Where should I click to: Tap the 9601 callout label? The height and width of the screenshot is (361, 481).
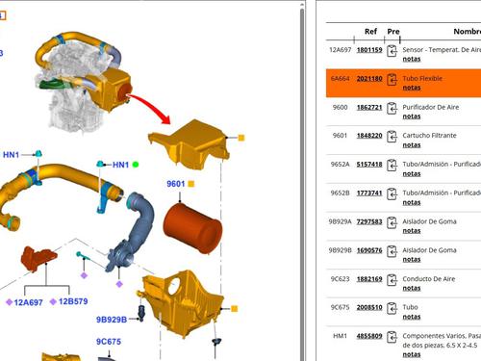coord(175,184)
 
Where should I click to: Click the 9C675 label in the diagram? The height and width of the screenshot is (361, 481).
coord(109,341)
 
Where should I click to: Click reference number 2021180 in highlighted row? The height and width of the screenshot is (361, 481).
coord(369,79)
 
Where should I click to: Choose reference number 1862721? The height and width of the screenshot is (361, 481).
coord(369,107)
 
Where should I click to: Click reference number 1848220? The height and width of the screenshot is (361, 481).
coord(369,136)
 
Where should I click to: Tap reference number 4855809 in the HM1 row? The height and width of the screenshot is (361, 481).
coord(369,336)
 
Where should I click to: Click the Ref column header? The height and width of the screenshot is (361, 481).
coord(370,31)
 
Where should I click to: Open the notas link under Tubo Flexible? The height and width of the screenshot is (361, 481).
coord(411,89)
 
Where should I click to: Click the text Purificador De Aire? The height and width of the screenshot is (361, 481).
coord(435,107)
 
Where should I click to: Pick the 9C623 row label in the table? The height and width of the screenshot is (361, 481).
coord(340,279)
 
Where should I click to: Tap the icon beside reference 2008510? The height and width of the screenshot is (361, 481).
coord(392,308)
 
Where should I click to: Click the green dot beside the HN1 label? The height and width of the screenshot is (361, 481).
coord(136,165)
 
